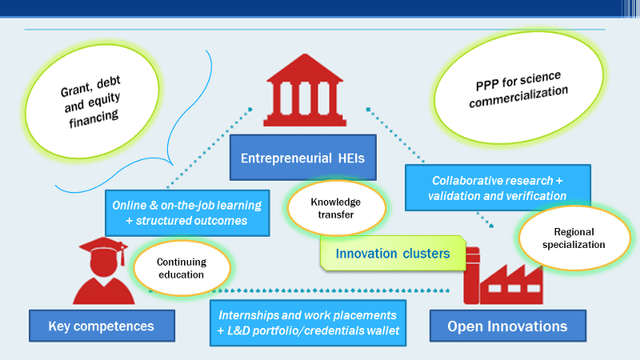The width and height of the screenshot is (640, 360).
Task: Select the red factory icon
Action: tap(502, 277)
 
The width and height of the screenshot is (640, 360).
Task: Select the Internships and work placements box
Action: tap(307, 322)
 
